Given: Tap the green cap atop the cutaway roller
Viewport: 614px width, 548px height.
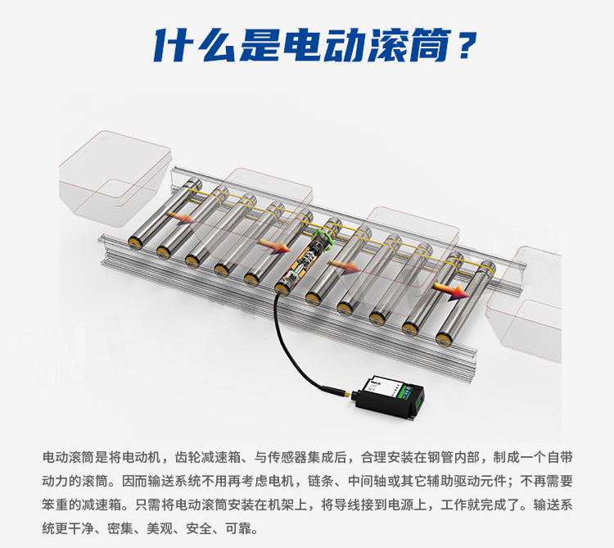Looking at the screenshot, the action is click(324, 239).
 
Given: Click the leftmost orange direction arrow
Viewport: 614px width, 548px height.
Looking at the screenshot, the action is click(181, 218).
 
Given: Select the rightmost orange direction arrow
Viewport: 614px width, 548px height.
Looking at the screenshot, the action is click(451, 291).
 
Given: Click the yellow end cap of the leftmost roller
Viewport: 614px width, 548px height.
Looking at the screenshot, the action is click(136, 242).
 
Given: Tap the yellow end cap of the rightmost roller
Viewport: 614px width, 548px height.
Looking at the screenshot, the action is click(444, 338).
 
